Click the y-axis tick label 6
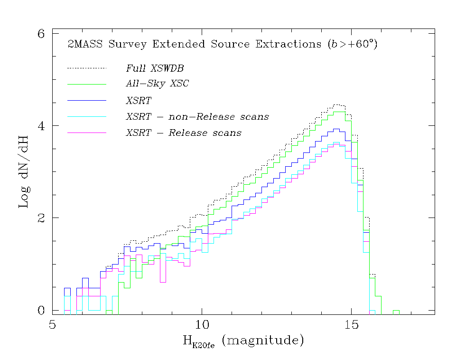coord(41,34)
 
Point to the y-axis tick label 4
coord(41,126)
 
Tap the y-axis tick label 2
coord(41,218)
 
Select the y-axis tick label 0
coord(41,310)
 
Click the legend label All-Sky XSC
coord(158,84)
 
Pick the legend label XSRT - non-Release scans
coord(197,117)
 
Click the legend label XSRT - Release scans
coord(184,133)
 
